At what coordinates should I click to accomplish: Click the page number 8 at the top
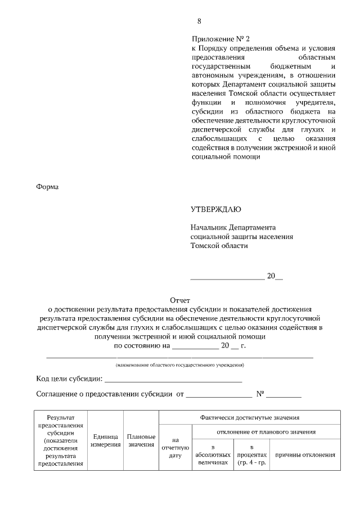(x=199, y=21)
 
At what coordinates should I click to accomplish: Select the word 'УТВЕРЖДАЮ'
(x=216, y=210)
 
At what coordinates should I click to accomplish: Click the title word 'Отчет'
(x=179, y=300)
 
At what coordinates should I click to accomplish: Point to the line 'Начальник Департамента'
(x=233, y=227)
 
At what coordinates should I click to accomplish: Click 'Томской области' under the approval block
(x=219, y=245)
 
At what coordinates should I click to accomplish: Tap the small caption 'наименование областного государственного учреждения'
(x=179, y=365)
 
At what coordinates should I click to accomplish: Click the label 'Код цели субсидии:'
(x=69, y=380)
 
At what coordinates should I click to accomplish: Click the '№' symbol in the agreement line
(x=260, y=394)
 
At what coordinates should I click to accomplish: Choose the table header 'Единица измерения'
(x=106, y=440)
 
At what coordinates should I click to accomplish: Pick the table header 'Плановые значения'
(x=141, y=440)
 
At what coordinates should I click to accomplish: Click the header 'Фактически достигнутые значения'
(x=249, y=418)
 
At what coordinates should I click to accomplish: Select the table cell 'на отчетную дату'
(x=175, y=448)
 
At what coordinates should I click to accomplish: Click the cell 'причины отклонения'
(x=305, y=454)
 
